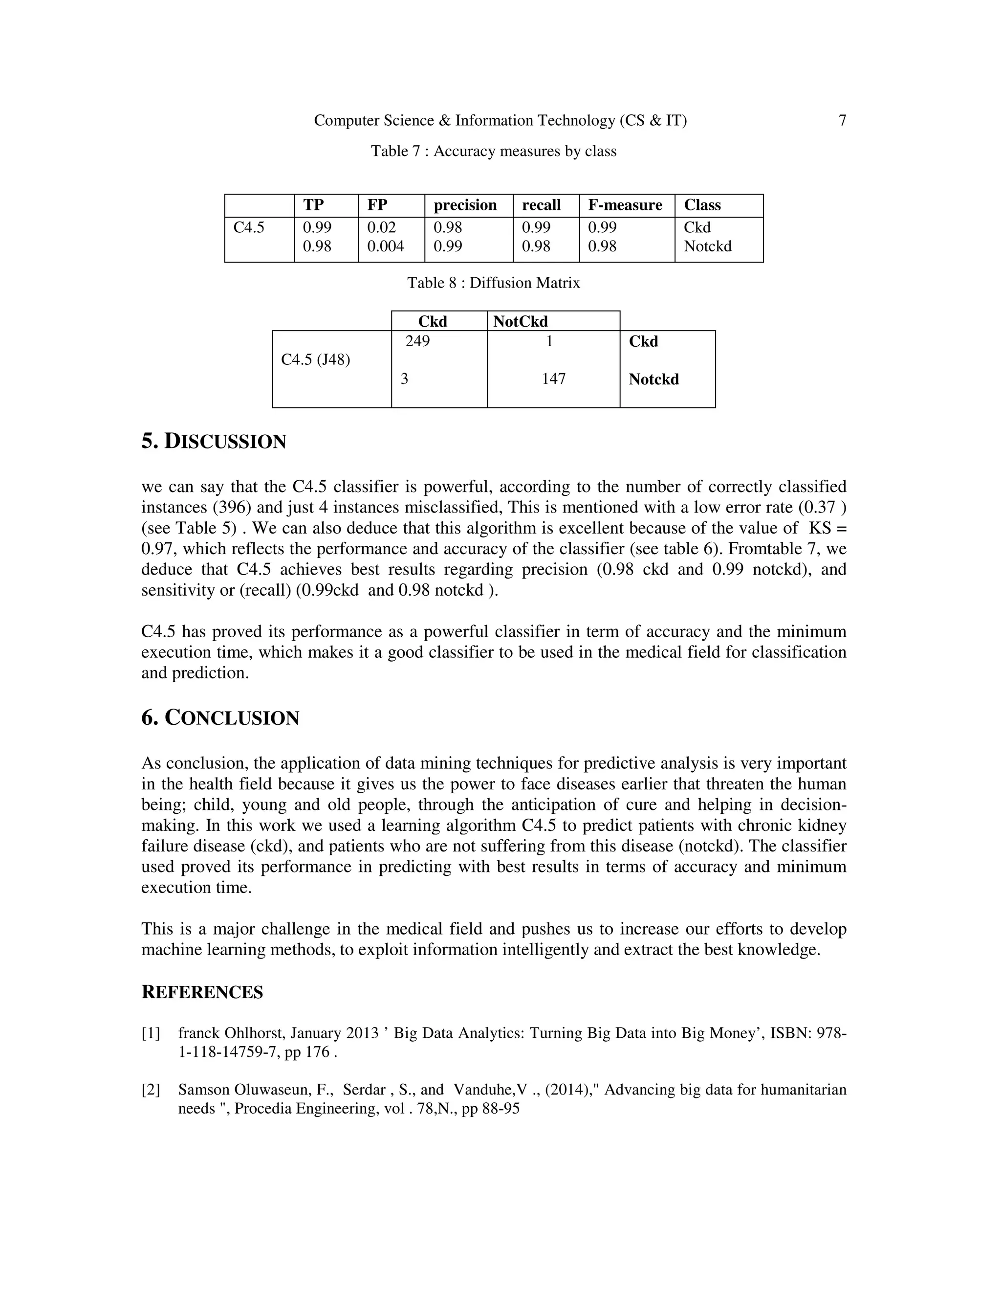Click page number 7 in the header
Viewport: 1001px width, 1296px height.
tap(842, 120)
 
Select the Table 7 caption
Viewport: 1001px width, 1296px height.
tap(493, 151)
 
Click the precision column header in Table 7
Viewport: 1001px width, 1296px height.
tap(465, 205)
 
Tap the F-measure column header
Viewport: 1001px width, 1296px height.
tap(625, 205)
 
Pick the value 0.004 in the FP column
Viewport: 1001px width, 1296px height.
tap(386, 246)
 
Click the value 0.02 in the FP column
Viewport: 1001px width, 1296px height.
tap(381, 227)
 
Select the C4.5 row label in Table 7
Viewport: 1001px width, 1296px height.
tap(248, 227)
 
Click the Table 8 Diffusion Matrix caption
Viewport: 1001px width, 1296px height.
tap(493, 283)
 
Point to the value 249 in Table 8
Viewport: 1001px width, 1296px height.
tap(417, 341)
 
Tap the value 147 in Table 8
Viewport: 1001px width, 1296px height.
tap(553, 379)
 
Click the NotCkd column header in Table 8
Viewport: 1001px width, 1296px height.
tap(520, 322)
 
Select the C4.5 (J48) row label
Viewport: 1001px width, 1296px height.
tap(315, 359)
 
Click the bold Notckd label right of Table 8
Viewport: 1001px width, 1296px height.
tap(653, 379)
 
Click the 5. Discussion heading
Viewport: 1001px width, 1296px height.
tap(214, 442)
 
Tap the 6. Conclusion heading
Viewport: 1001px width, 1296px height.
tap(220, 718)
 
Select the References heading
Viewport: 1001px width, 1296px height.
tap(202, 993)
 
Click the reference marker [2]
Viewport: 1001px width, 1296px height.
tap(151, 1090)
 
